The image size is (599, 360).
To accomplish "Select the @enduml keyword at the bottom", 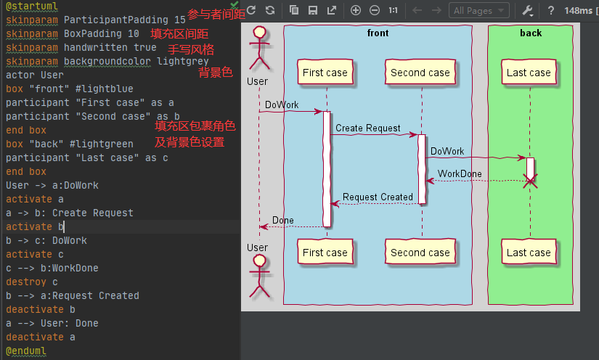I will click(x=25, y=351).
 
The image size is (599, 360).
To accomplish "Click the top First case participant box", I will click(x=325, y=73).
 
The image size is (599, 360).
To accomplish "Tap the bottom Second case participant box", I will click(x=420, y=253).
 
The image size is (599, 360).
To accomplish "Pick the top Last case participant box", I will click(x=529, y=73).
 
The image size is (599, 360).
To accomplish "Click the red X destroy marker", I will click(x=531, y=181).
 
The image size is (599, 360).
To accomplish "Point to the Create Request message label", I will click(x=368, y=128).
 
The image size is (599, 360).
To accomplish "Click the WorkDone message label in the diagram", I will click(x=460, y=174).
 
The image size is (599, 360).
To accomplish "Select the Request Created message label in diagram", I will click(x=378, y=197).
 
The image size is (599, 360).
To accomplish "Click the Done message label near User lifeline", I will click(x=283, y=220).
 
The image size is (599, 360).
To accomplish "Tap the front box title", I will click(x=378, y=33).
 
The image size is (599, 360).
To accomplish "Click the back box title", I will click(x=531, y=33).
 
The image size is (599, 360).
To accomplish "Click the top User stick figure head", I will click(x=257, y=33).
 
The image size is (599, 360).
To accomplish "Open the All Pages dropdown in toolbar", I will click(x=479, y=10).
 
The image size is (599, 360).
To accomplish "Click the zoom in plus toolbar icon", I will click(x=356, y=10).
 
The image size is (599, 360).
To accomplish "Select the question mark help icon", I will click(x=551, y=10).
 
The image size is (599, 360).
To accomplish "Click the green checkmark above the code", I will click(x=235, y=4).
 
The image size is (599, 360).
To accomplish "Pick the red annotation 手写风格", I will click(x=191, y=49).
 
